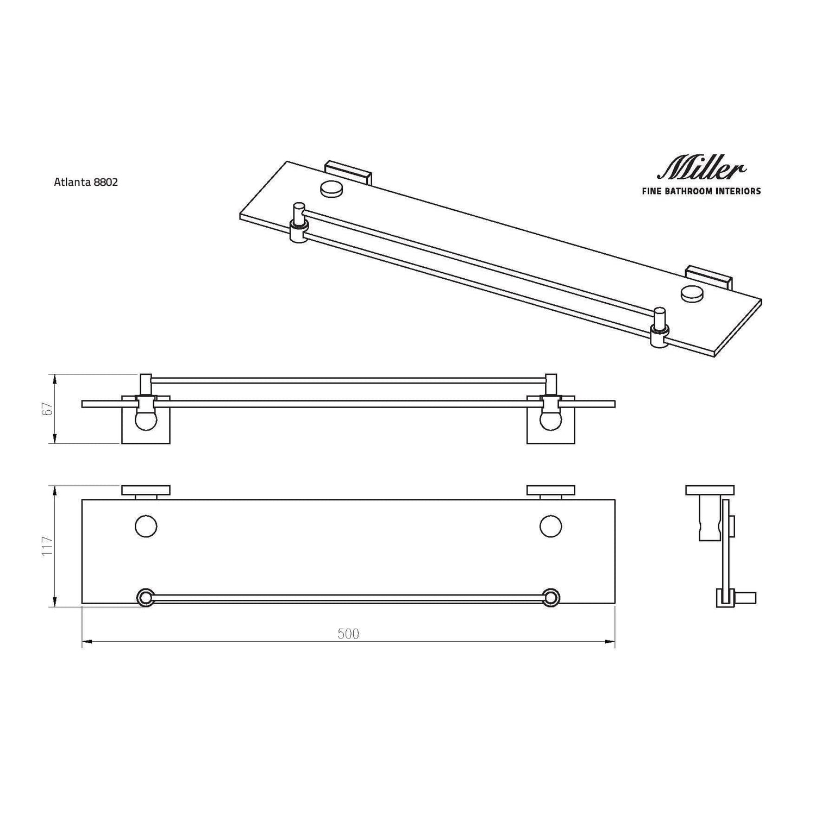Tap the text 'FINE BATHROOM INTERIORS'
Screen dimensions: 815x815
point(701,191)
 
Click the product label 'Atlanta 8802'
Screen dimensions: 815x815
point(86,182)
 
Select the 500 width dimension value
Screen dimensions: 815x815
point(348,634)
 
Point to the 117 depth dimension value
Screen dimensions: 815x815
point(48,546)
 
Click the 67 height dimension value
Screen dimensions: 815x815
point(48,409)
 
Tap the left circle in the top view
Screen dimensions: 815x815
point(146,526)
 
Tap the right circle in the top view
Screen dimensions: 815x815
point(551,526)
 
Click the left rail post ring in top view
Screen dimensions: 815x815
point(146,598)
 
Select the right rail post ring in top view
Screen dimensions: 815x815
point(551,598)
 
